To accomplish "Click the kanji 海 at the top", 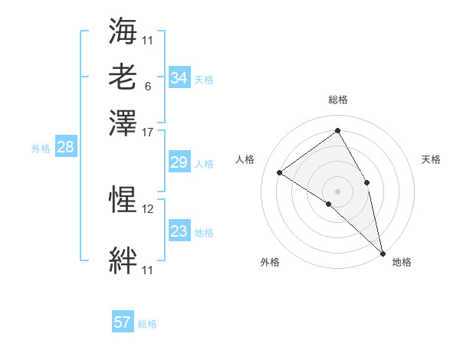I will tap(123, 31).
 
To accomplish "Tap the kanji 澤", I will tap(123, 123).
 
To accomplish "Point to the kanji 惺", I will tap(123, 200).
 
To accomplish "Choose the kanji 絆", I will tap(123, 260).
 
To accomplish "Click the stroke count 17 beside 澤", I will tap(148, 132).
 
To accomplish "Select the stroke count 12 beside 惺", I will tap(148, 208).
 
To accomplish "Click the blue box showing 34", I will tap(179, 78).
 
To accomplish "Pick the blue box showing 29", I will tap(179, 162).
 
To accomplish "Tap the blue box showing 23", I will tap(179, 231).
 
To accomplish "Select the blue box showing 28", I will tap(65, 148).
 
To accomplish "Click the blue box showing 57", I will tap(123, 322).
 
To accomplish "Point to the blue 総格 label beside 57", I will tap(147, 324).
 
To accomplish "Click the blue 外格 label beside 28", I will tap(41, 149).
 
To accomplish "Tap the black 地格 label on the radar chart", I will tap(402, 262).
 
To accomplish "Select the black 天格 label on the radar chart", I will tap(431, 159).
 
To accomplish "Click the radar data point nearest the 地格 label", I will tap(382, 253).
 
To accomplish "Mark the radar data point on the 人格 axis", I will tap(280, 172).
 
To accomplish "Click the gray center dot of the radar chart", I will tap(338, 190).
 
